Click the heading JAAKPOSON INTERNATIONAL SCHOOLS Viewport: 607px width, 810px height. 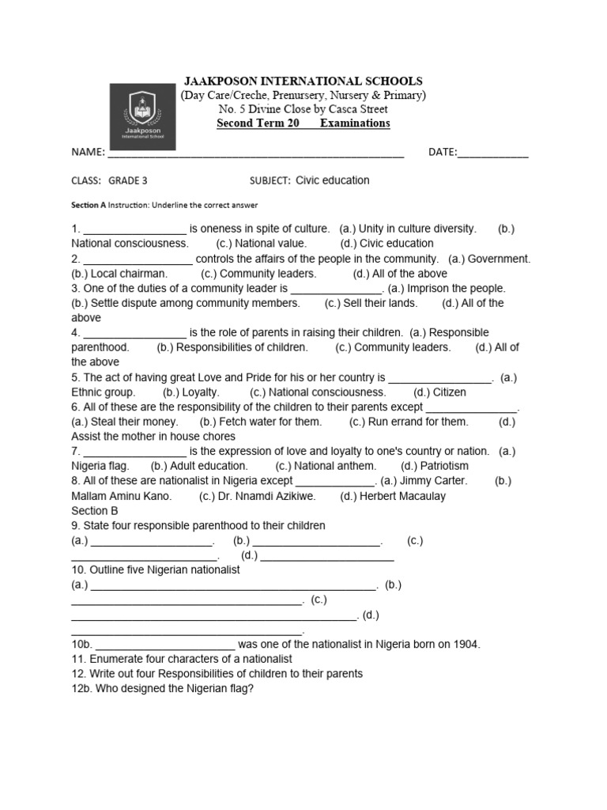pyautogui.click(x=303, y=81)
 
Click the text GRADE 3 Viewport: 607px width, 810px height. pyautogui.click(x=128, y=180)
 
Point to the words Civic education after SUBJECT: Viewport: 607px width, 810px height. pyautogui.click(x=332, y=180)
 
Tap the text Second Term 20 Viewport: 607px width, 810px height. pyautogui.click(x=258, y=123)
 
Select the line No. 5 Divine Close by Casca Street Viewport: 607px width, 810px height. pyautogui.click(x=303, y=109)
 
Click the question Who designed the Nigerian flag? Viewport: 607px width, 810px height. pyautogui.click(x=174, y=688)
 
